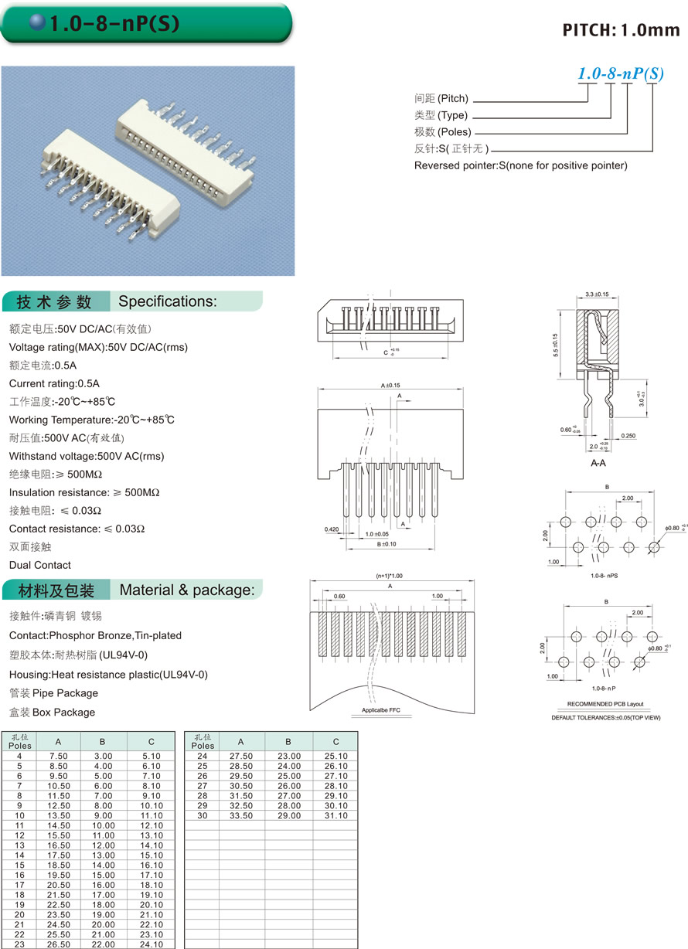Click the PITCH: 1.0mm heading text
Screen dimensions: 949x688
621,30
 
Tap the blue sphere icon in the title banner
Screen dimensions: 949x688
37,23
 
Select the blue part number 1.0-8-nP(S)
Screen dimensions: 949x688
621,74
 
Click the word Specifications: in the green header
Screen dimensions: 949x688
168,301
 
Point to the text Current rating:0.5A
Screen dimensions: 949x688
54,383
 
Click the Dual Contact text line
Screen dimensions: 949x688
40,565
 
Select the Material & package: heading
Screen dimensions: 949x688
186,590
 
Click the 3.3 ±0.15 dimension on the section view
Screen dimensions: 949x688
598,294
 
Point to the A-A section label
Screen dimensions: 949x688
598,464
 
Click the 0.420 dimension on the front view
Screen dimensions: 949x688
332,530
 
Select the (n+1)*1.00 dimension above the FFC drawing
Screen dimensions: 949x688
390,576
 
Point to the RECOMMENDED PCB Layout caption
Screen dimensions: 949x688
605,704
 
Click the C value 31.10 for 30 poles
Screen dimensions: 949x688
336,815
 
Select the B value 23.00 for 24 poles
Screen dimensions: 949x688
288,756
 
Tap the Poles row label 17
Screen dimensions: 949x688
19,885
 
